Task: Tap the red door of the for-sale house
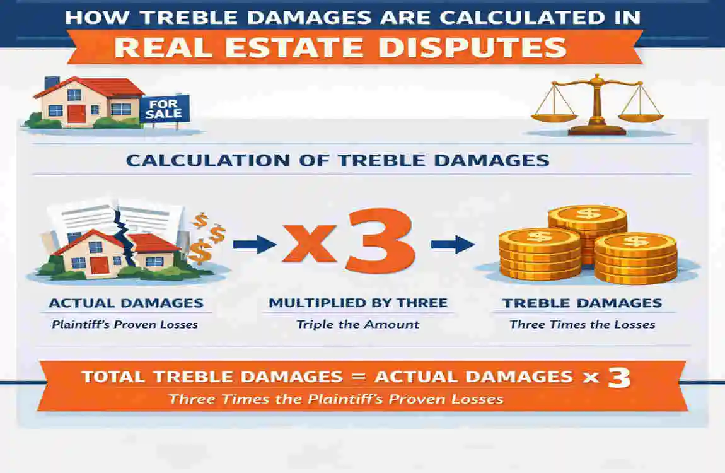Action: (x=76, y=114)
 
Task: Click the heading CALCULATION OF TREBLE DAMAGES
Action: (x=337, y=160)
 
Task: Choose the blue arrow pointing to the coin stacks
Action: (x=453, y=244)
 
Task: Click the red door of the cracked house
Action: (x=99, y=264)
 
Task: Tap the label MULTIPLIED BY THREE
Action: (x=358, y=303)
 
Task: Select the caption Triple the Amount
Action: (x=358, y=325)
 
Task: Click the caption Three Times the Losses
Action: (x=582, y=325)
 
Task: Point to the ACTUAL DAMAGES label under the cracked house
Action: (x=126, y=303)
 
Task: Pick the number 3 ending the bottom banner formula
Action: (x=618, y=378)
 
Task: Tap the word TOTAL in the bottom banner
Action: (x=113, y=377)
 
